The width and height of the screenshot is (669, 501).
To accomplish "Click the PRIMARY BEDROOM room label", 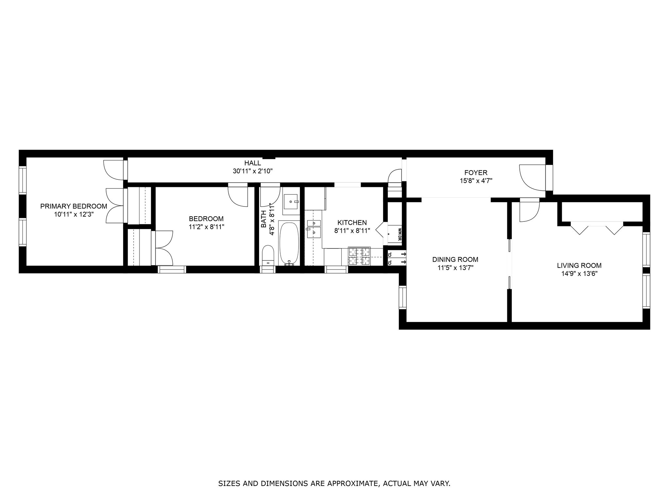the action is [73, 206].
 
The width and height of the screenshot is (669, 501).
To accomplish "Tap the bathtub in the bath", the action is [289, 243].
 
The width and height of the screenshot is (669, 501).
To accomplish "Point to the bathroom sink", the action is [291, 202].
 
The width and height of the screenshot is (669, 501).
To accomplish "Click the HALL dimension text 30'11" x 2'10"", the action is [253, 171].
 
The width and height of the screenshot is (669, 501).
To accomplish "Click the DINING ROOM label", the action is [455, 260].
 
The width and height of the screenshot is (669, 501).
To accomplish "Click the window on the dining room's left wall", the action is [402, 297].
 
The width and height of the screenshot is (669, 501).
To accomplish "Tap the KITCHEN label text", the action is [352, 223].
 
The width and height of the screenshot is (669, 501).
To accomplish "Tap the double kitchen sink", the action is [314, 228].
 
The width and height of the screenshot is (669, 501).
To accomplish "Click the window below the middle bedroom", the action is [172, 269].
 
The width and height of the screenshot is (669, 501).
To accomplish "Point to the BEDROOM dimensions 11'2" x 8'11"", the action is [206, 227].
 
